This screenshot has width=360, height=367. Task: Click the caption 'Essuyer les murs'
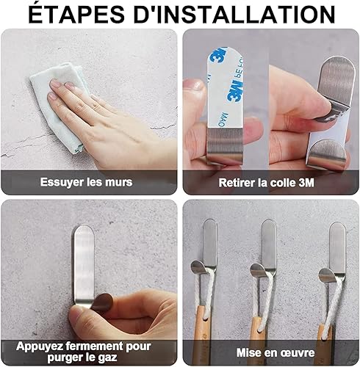coord(86,182)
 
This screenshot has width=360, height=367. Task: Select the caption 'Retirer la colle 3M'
coord(266,183)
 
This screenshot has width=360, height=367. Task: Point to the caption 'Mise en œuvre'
coord(276,352)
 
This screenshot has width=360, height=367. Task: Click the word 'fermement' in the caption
coord(95,346)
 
